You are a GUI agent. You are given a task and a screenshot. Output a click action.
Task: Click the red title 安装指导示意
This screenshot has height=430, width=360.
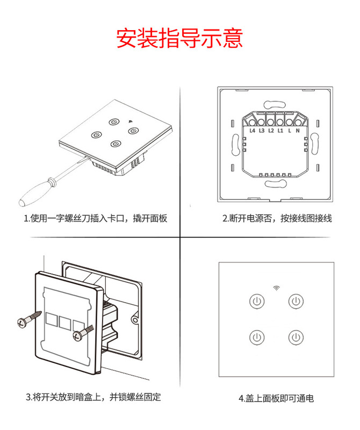coord(179,38)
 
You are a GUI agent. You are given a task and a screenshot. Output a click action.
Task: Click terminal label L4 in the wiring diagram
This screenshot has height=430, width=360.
coord(252,130)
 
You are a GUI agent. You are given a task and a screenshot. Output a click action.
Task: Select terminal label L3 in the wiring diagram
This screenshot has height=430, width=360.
coord(262,130)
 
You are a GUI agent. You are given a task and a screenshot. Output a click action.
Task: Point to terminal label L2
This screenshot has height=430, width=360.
coord(271,130)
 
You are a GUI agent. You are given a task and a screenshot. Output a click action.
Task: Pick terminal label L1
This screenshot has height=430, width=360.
coord(280,130)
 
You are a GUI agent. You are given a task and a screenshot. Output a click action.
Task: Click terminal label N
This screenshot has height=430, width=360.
coord(297,130)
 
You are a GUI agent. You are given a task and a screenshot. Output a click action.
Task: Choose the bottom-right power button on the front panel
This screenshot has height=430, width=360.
coord(296,338)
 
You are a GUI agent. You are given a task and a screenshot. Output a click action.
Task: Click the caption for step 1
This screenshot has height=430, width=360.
coord(96,219)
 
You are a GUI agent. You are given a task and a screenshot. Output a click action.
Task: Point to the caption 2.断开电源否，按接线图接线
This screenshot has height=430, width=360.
coord(277,219)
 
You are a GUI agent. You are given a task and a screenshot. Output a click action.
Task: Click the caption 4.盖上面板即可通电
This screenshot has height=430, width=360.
coord(276,398)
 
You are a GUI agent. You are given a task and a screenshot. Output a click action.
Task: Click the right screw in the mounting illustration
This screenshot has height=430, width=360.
coord(81,333)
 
